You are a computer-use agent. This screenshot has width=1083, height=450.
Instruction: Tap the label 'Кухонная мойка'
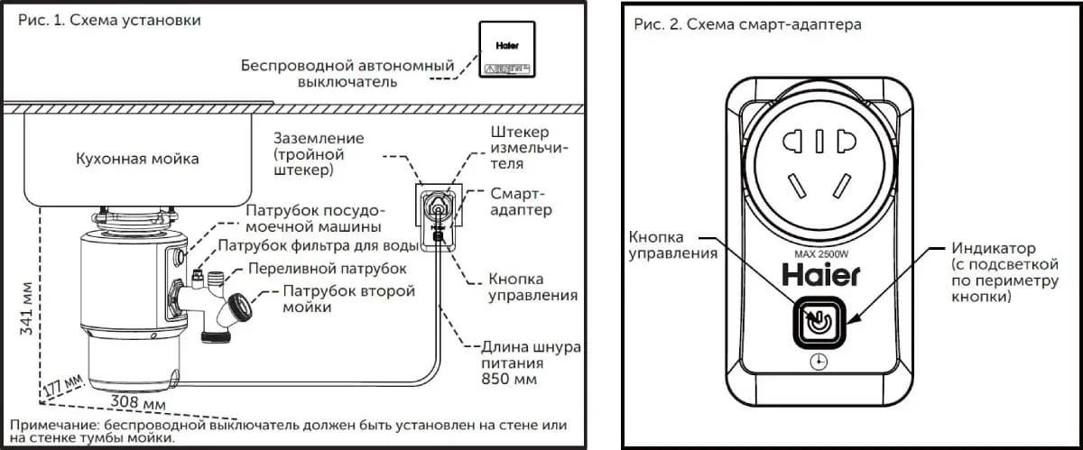point(137,159)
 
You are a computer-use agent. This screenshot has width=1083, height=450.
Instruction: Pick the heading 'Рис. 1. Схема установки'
point(105,20)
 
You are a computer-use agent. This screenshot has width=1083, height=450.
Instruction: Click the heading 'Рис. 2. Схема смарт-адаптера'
point(747,24)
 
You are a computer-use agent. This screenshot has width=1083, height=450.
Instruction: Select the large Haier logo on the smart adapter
point(819,272)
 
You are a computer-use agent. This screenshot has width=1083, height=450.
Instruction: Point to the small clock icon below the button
point(818,361)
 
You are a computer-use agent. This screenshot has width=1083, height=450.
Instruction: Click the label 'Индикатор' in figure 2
point(994,247)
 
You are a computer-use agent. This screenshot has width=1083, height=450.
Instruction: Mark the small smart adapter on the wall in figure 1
point(439,215)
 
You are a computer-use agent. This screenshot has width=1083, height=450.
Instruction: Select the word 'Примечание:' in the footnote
point(56,424)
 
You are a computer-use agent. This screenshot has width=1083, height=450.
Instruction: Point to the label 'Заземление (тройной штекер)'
point(320,154)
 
